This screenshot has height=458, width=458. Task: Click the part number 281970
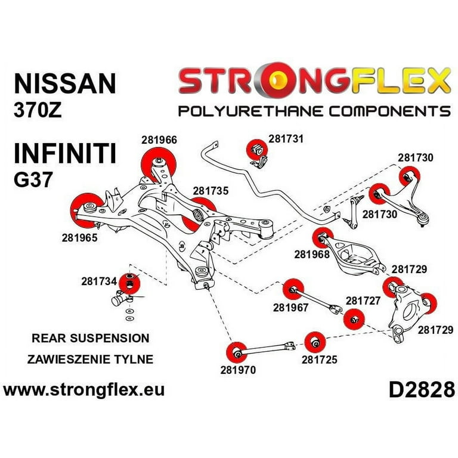tap(238, 370)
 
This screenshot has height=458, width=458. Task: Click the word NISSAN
tap(64, 83)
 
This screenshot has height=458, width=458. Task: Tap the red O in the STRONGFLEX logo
tap(262, 81)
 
